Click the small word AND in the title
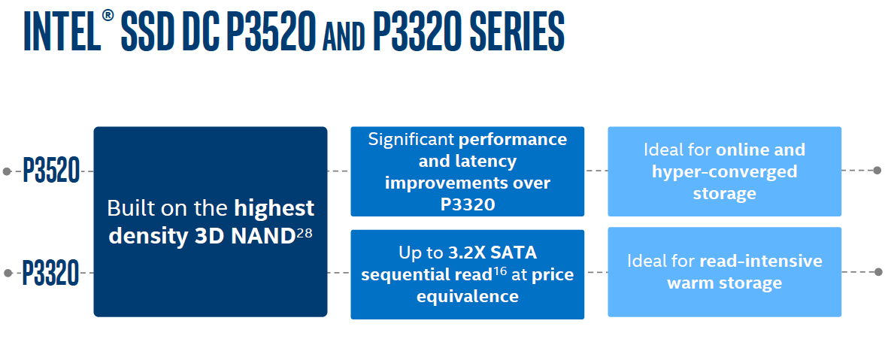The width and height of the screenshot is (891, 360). pos(345,37)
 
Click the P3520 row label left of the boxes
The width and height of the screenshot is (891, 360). pos(50,171)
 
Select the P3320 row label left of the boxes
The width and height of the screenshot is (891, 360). pos(50,273)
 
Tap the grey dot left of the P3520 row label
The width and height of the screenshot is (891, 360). pos(7,171)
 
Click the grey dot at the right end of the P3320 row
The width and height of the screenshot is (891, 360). pos(878,273)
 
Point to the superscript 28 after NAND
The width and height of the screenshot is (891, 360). pos(305,233)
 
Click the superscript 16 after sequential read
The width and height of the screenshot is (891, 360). pos(499,271)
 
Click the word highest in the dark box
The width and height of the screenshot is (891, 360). pos(274,208)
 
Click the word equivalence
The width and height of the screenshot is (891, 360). pos(468,296)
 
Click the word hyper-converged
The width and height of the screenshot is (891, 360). pos(725,171)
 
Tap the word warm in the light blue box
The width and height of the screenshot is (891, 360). pos(689,283)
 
